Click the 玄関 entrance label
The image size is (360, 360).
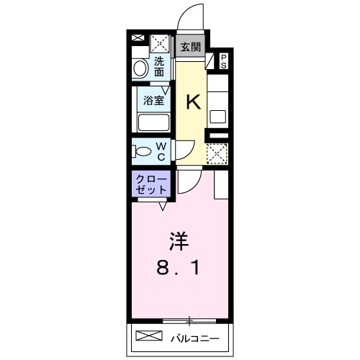tap(191, 48)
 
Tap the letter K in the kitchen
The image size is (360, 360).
tap(193, 103)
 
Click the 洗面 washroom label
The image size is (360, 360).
tap(159, 67)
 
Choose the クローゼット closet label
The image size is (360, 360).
tap(151, 183)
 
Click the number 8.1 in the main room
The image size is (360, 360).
tap(179, 268)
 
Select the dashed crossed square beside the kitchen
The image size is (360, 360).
tap(217, 154)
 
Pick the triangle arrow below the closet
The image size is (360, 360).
tap(163, 207)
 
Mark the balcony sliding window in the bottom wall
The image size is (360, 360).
tap(189, 319)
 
